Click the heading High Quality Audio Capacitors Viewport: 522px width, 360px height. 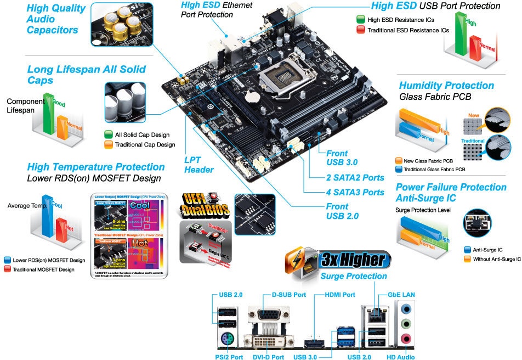pyautogui.click(x=56, y=19)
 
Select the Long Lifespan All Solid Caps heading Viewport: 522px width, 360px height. pyautogui.click(x=86, y=75)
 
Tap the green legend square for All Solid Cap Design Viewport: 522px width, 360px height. pyautogui.click(x=108, y=135)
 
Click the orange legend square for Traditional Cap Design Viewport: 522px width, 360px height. pyautogui.click(x=108, y=145)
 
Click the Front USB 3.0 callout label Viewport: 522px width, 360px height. pyautogui.click(x=342, y=158)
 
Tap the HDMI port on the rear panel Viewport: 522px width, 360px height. pyautogui.click(x=315, y=342)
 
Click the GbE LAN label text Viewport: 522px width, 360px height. pyautogui.click(x=401, y=295)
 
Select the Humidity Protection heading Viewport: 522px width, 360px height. pyautogui.click(x=446, y=86)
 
